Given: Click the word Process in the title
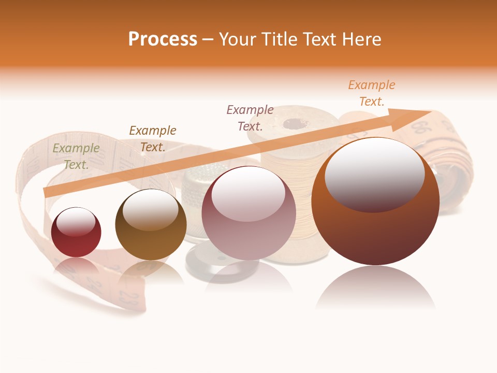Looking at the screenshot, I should tap(163, 39).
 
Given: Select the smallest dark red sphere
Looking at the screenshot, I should tap(76, 232).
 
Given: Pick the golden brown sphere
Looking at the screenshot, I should tap(151, 224).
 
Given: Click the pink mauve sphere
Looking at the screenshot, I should tap(248, 212).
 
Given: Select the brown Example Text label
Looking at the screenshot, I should tap(153, 139).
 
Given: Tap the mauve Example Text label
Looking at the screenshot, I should tap(250, 118).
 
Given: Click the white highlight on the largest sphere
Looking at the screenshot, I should tap(374, 174).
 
